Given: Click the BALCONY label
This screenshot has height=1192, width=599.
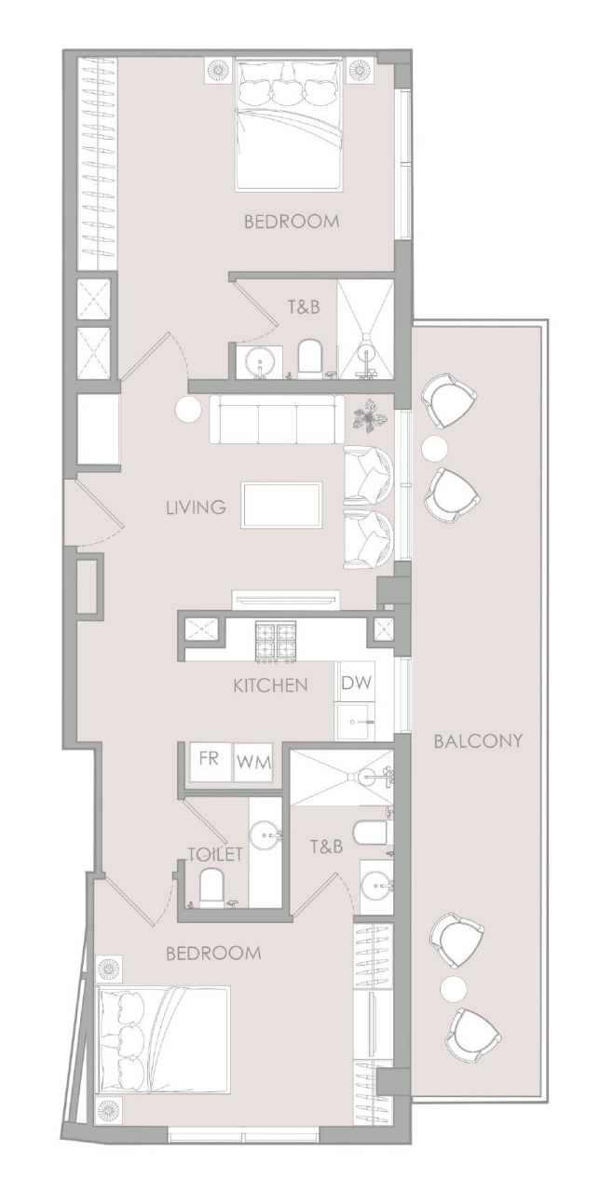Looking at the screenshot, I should pos(479,741).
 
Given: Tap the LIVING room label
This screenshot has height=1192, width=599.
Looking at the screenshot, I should pos(196,508).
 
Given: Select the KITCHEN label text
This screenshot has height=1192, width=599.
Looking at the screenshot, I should pos(270,686).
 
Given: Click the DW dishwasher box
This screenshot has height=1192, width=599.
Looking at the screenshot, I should pos(356,683).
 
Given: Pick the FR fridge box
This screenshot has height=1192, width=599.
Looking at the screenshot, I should pos(210,758).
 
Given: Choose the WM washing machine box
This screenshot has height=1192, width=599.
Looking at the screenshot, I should pos(253,761).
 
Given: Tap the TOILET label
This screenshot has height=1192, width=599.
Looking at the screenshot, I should pos(215,853).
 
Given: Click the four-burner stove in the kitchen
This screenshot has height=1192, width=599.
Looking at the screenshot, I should pos(277,642).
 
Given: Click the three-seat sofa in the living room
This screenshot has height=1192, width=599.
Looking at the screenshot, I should pos(276,420).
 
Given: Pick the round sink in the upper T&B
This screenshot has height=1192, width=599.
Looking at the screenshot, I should pos(258,359).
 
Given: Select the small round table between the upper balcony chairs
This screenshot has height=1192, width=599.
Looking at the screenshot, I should pos(434,449).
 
